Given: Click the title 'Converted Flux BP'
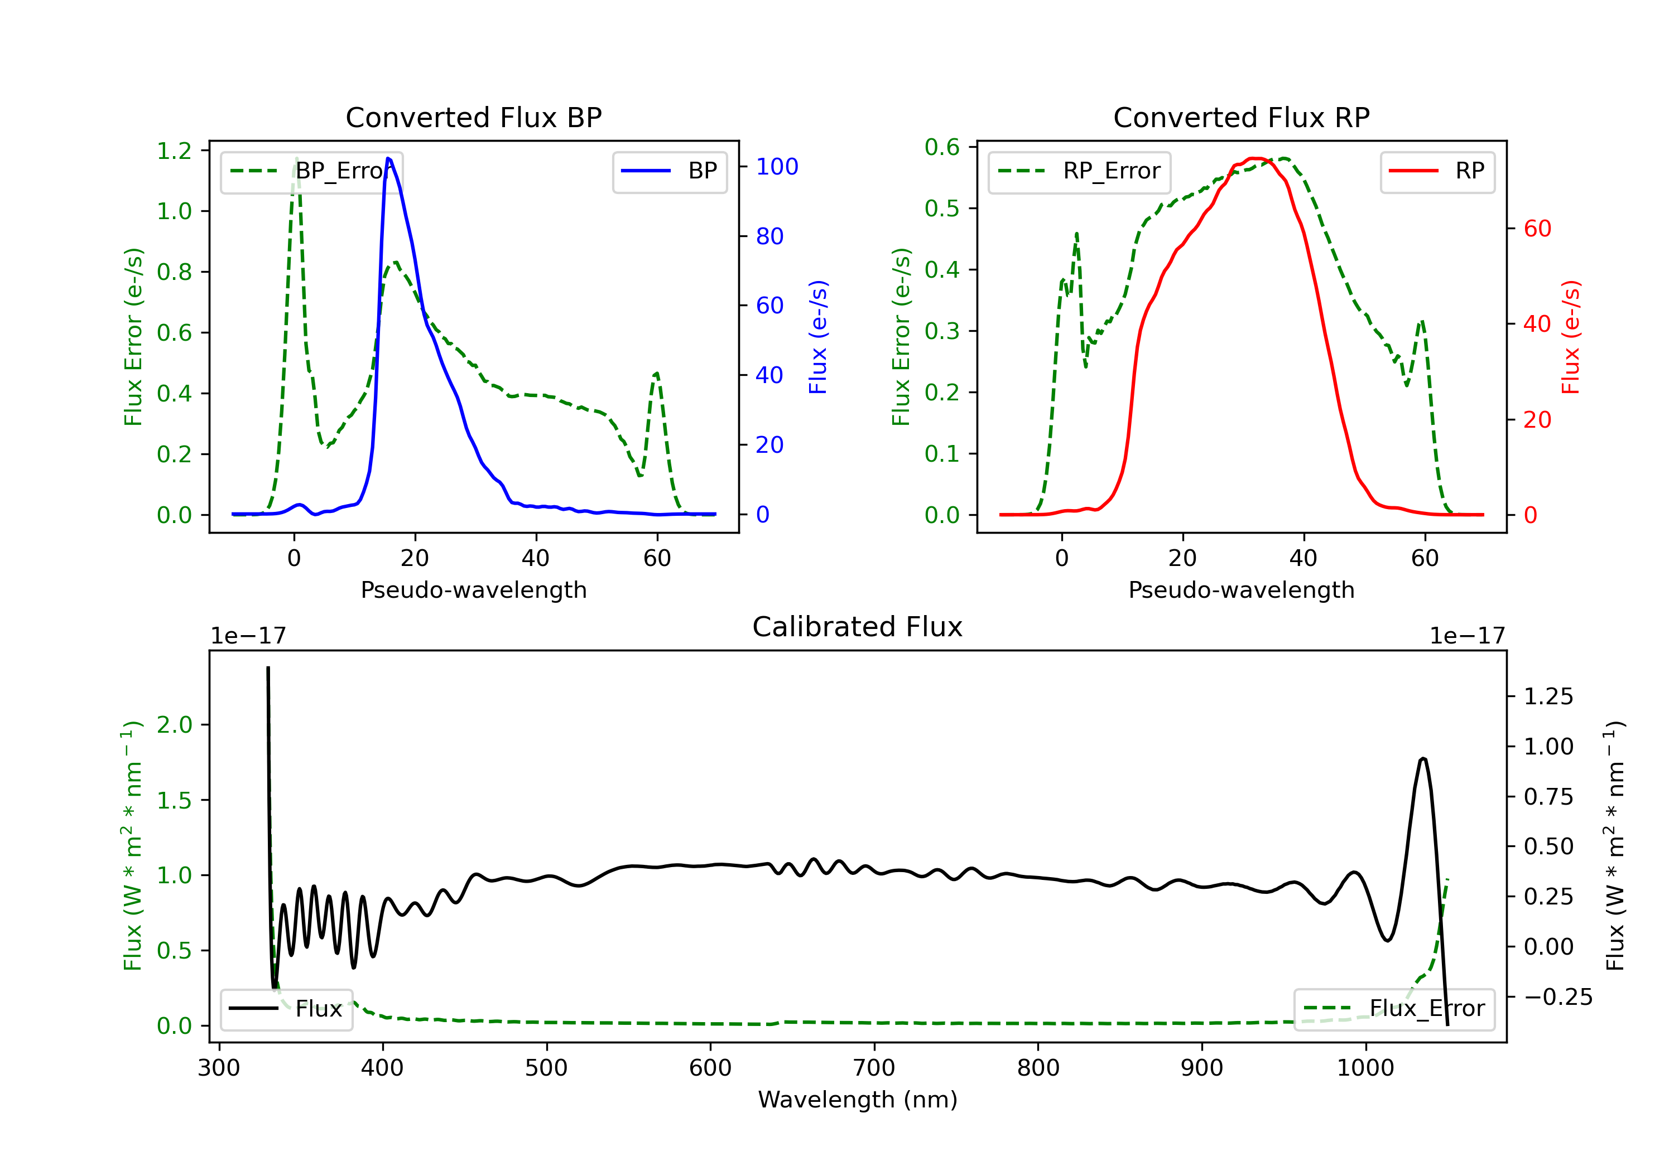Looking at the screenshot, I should (473, 117).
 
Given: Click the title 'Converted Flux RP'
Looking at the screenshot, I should (1241, 117).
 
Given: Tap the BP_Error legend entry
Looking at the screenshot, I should (311, 171).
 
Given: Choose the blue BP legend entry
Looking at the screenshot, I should (669, 171).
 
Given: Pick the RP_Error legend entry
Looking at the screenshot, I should (1079, 171).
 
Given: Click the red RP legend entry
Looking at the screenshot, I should (1437, 171).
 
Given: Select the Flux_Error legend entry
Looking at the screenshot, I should (1393, 1009).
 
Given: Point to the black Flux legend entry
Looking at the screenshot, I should (287, 1009).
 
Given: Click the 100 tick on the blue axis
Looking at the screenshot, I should (777, 167).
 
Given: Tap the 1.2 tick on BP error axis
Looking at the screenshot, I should (174, 151).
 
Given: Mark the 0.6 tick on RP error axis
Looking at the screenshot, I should (942, 147).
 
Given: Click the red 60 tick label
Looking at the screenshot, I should (1537, 229).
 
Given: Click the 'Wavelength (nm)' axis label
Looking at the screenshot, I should (858, 1100).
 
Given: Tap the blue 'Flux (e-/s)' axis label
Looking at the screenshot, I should (818, 337).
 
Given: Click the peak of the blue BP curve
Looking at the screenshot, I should (388, 158).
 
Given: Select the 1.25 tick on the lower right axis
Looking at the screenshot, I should (1548, 696).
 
